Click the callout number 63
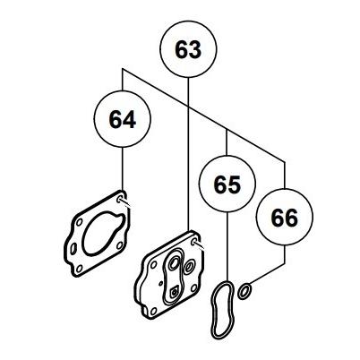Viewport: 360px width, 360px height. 188,49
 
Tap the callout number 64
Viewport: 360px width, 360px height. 123,119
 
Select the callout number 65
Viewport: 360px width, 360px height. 227,184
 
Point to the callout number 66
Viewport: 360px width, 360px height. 284,218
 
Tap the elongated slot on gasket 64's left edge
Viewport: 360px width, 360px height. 73,248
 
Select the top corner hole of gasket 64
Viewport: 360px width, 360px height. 120,199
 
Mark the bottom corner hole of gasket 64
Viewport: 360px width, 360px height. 79,269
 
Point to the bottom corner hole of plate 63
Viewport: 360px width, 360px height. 153,312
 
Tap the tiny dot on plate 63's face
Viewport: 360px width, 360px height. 161,282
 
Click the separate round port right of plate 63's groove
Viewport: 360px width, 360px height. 189,267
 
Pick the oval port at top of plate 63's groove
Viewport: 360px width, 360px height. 174,261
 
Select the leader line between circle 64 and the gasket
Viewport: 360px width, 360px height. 123,168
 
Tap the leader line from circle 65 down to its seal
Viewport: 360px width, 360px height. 227,246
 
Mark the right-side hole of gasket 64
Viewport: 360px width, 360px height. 119,245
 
